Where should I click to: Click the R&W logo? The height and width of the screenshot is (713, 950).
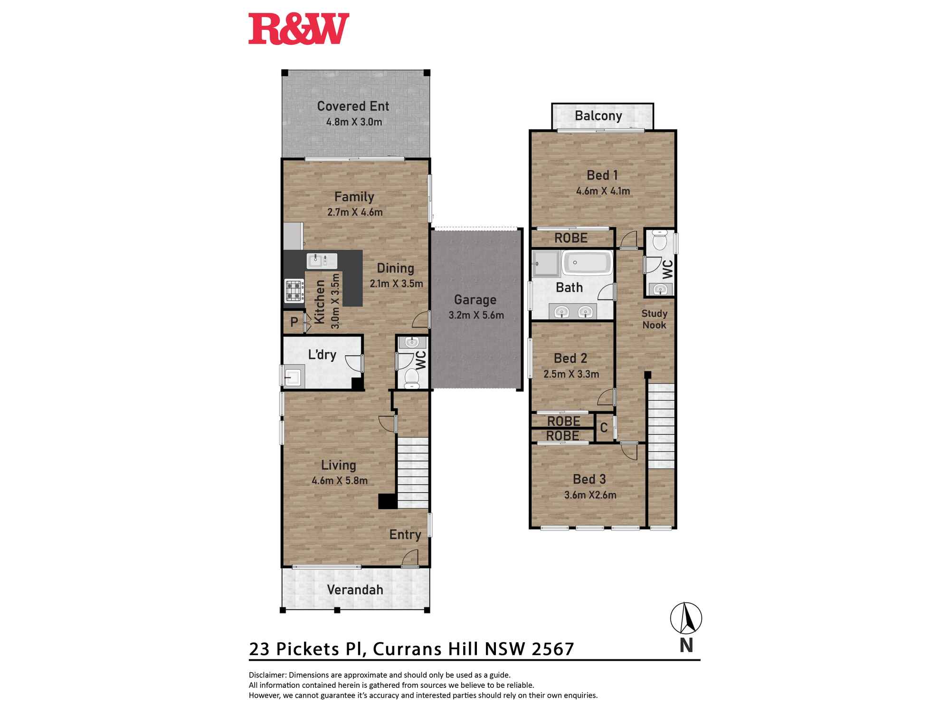[299, 29]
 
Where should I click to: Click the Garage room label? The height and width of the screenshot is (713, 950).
[475, 300]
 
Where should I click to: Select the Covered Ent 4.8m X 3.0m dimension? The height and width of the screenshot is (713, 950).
[354, 122]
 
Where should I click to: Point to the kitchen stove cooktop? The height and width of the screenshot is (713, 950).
[294, 291]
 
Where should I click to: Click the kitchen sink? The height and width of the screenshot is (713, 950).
[322, 261]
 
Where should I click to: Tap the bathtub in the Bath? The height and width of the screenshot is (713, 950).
[587, 263]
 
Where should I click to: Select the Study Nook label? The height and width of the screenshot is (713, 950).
[654, 319]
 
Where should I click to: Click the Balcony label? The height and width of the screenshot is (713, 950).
[598, 116]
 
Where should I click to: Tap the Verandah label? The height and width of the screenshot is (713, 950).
[355, 590]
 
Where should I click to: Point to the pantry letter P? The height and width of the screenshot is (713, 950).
[294, 322]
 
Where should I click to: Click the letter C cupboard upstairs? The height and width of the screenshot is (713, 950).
[604, 428]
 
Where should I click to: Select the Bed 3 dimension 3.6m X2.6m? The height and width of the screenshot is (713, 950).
[590, 495]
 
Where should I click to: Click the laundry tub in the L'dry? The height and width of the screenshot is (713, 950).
[291, 376]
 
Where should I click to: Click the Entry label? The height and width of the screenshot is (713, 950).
[405, 535]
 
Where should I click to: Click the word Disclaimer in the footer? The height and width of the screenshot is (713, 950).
[267, 675]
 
